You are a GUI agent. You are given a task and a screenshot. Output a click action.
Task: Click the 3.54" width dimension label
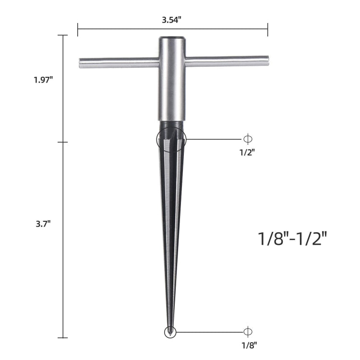tap(172, 20)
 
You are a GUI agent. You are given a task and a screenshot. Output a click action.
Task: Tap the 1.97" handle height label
tap(43, 80)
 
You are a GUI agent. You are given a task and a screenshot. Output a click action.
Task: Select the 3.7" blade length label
tap(43, 224)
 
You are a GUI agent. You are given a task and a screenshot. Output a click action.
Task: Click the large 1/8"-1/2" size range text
tap(292, 239)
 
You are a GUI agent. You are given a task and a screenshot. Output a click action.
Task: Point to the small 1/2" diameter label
tap(247, 152)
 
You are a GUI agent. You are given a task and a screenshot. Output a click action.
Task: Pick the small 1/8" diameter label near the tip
tap(249, 345)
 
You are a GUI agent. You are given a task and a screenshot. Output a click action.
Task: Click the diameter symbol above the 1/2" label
tap(248, 139)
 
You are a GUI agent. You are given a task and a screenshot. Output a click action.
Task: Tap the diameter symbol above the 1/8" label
tap(248, 332)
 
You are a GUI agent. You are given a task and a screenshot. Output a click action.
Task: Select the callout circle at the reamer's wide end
tap(156, 139)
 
